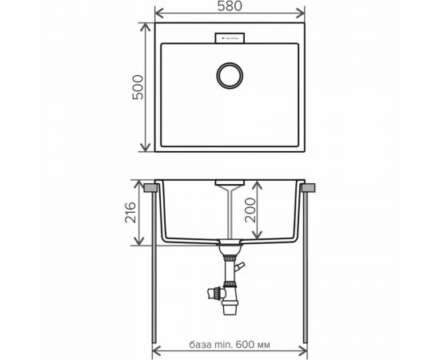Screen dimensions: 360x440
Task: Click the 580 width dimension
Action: (230, 7)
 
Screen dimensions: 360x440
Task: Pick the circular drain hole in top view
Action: (230, 77)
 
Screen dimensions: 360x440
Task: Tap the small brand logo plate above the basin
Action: (230, 37)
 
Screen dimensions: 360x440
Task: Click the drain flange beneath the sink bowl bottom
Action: (230, 243)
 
